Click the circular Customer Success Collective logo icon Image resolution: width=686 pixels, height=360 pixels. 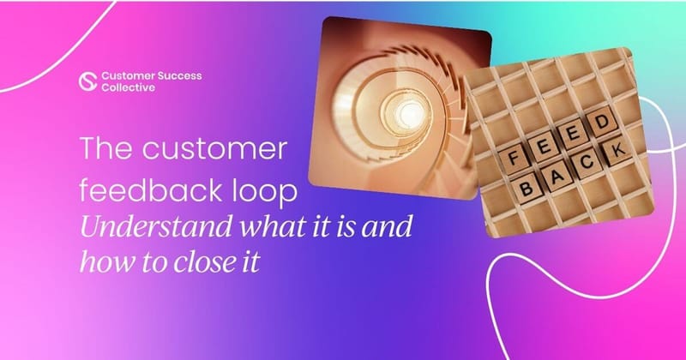(85, 80)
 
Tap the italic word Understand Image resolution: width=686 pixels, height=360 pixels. (147, 226)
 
